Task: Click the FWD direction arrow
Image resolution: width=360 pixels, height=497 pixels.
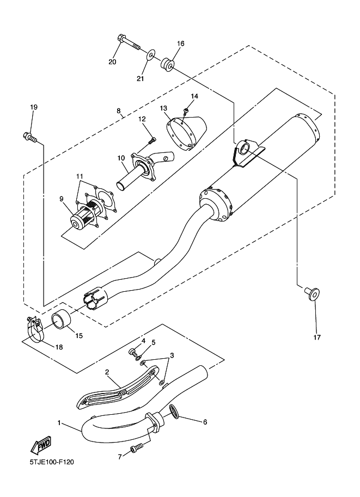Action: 41,445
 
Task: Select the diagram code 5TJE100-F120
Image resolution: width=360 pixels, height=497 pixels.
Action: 52,462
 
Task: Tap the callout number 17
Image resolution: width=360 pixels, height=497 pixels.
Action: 317,338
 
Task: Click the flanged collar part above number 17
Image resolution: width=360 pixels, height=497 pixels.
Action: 312,293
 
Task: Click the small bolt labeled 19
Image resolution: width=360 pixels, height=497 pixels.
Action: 30,137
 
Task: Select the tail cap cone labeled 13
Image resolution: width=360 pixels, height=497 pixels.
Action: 186,133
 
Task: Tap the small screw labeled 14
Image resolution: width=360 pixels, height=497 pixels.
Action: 186,111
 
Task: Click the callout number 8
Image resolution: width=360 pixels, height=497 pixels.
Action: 118,111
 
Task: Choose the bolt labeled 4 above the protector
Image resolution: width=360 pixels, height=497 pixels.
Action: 132,352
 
